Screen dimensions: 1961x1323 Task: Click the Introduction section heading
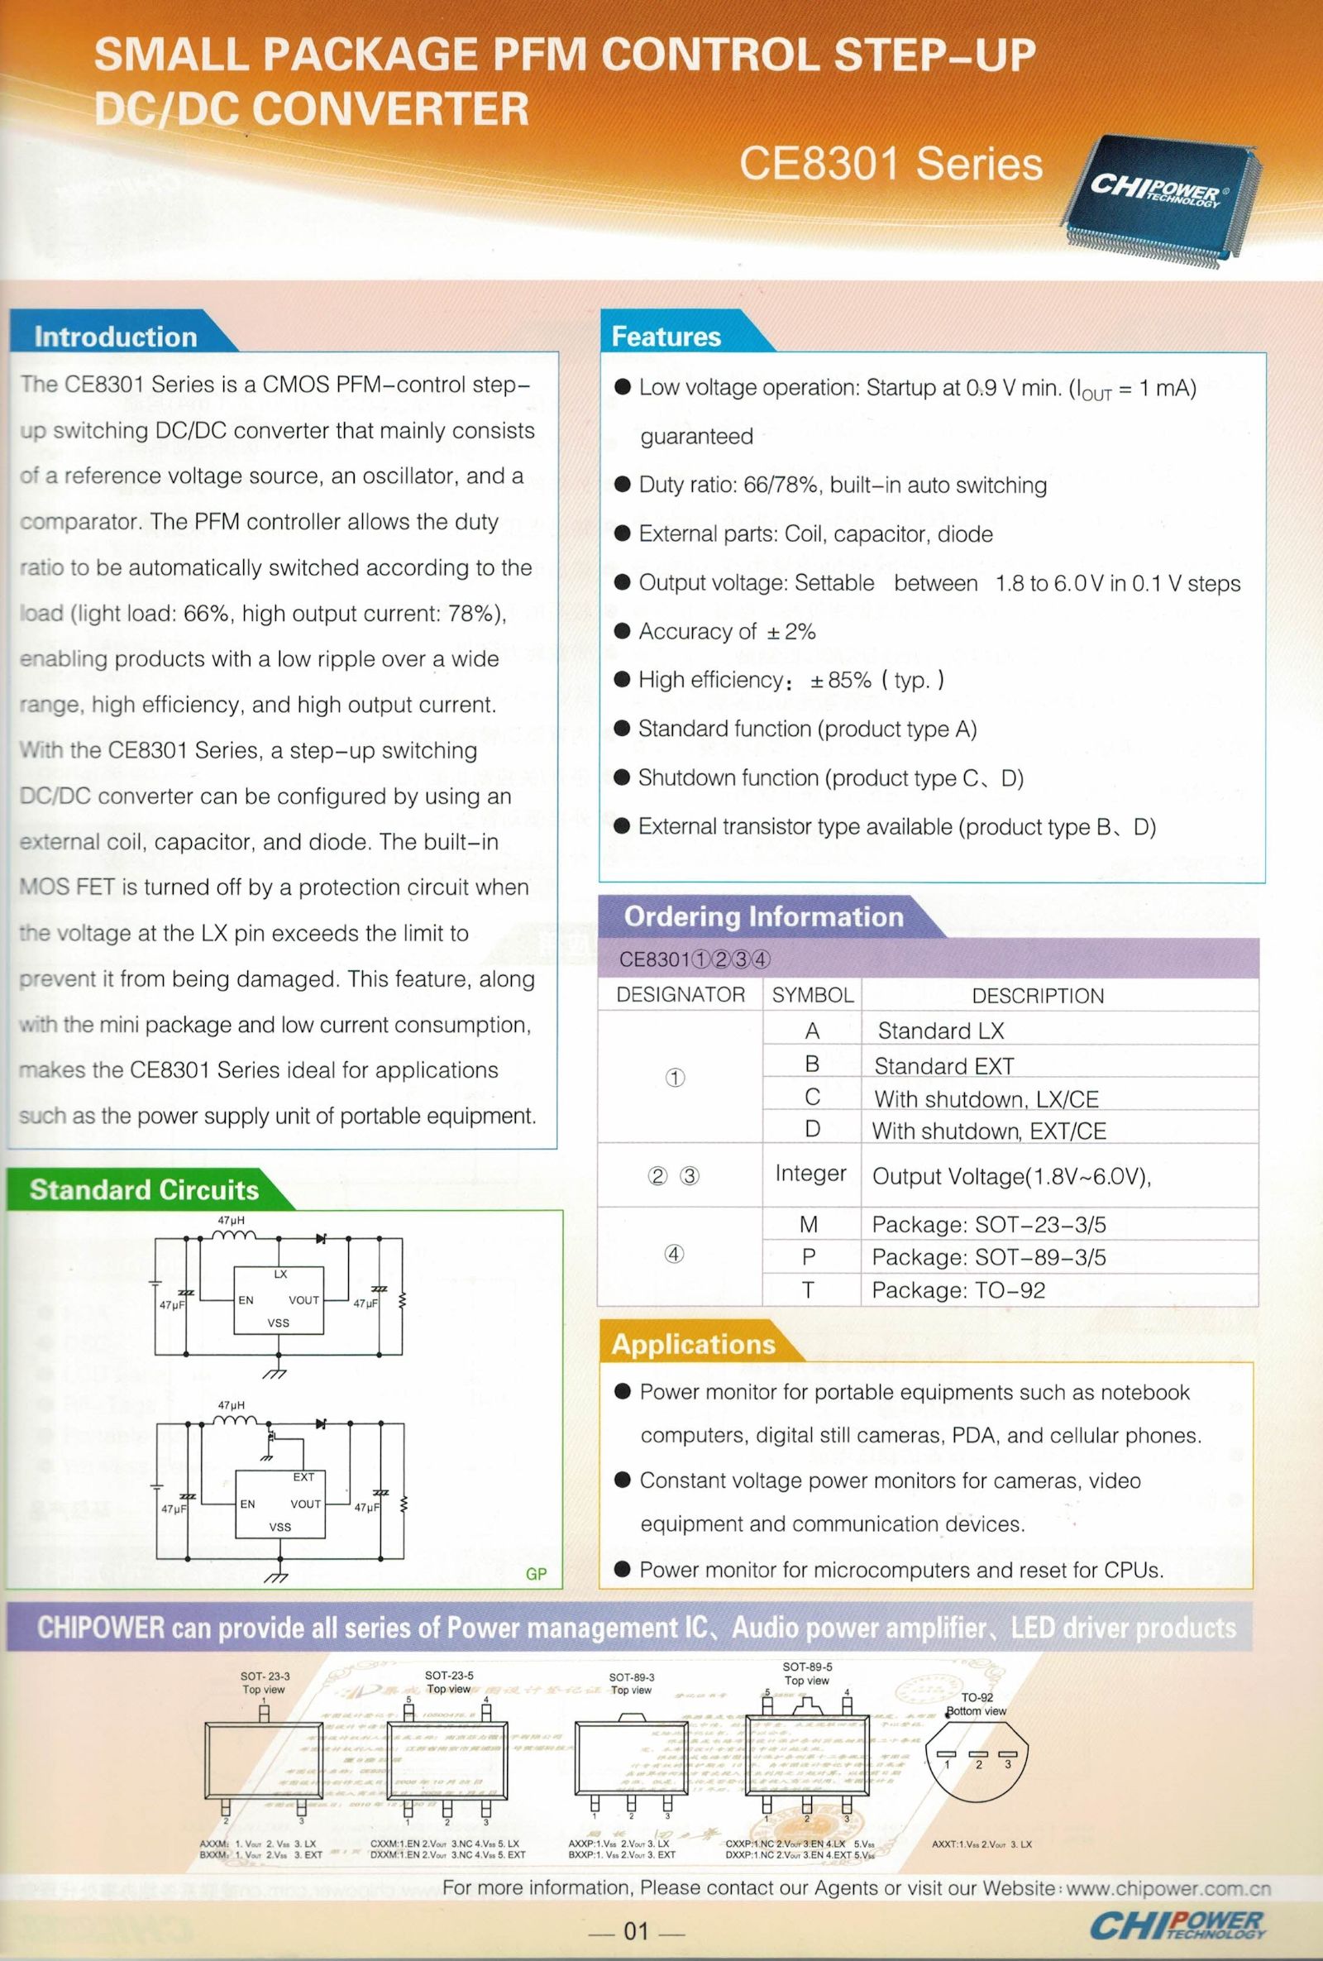pos(116,337)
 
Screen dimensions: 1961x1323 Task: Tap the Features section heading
pos(666,337)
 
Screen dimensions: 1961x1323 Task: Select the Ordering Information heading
pos(762,916)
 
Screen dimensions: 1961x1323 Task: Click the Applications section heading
pos(693,1344)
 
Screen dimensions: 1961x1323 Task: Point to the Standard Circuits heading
pos(144,1190)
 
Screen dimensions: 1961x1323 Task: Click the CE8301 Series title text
pos(891,165)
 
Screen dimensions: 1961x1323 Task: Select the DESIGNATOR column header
pos(680,995)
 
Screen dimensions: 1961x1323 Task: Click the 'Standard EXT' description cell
pos(943,1067)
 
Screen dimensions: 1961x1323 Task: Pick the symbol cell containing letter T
pos(809,1289)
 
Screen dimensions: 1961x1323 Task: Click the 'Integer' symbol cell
pos(810,1174)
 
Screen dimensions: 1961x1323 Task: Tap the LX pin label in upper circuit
pos(280,1274)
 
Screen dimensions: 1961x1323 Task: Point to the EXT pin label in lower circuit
pos(303,1476)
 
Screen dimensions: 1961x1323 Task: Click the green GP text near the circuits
pos(536,1574)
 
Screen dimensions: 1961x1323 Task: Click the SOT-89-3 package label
pos(631,1677)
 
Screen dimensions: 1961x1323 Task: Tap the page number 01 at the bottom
pos(635,1930)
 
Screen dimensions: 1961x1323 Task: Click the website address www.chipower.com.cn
pos(1168,1888)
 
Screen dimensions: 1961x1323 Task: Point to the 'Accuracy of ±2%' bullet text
pos(727,631)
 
